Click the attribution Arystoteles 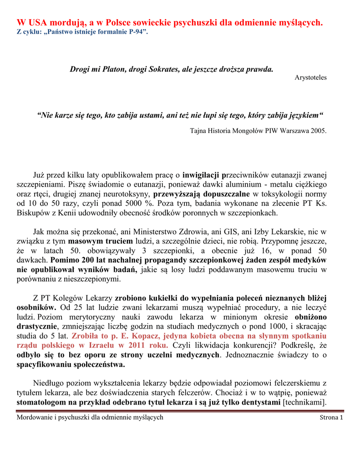311,77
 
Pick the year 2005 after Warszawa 318,131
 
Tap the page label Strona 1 331,417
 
